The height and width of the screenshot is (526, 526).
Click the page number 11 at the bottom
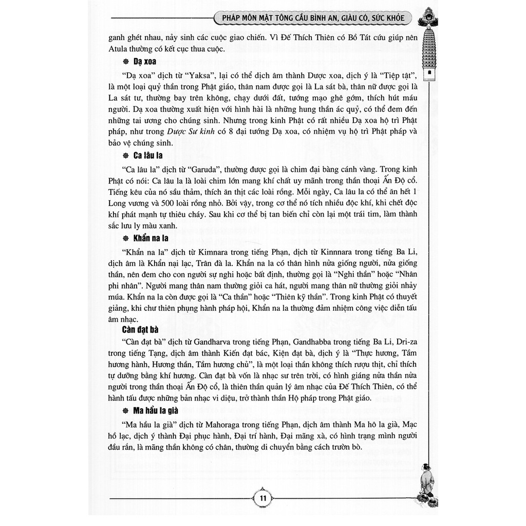pyautogui.click(x=262, y=498)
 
